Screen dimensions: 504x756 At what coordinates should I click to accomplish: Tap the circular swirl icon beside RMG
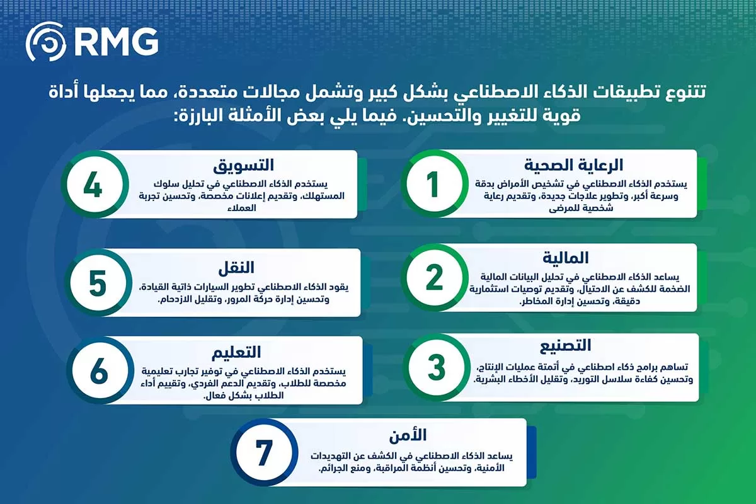tap(46, 42)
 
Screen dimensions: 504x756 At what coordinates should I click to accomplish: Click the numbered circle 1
tap(433, 185)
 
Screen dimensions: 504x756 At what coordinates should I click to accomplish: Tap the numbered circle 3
tap(436, 368)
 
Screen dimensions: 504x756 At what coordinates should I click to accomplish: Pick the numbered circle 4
tap(93, 184)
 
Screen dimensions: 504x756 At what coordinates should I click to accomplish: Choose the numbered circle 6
tap(99, 370)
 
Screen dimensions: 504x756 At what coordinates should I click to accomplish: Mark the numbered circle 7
tap(263, 452)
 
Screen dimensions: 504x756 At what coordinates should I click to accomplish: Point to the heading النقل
tap(238, 266)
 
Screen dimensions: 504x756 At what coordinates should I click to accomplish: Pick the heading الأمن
tap(413, 435)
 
